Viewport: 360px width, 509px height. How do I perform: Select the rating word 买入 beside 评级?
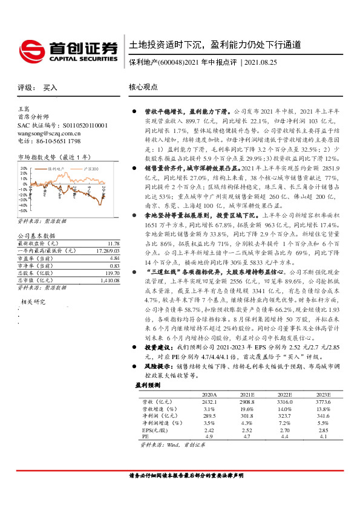pos(50,88)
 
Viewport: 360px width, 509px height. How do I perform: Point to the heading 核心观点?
pos(143,88)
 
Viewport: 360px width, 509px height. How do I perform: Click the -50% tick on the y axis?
pos(22,211)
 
